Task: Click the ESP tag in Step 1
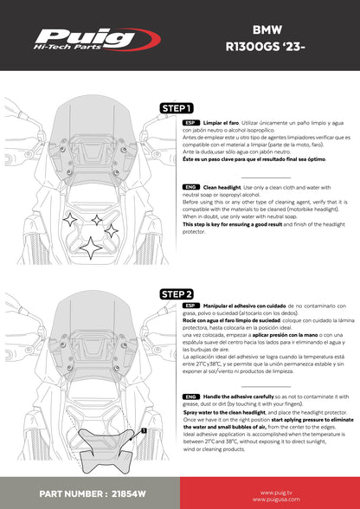click(190, 125)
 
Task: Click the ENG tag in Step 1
click(190, 186)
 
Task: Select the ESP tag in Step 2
click(190, 307)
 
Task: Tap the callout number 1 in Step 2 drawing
click(143, 428)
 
